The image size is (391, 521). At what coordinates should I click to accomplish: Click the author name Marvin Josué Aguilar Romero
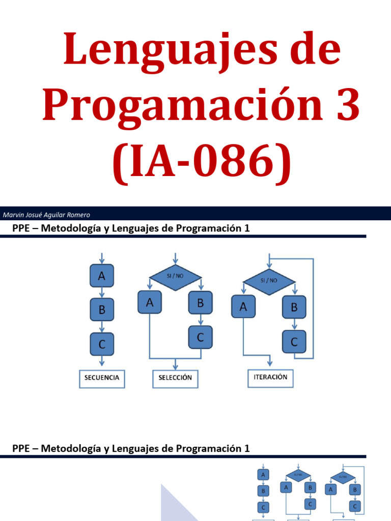(x=46, y=215)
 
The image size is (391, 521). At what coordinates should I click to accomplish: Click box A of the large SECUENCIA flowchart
(x=102, y=276)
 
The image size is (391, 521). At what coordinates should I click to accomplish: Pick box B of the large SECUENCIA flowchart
(x=102, y=309)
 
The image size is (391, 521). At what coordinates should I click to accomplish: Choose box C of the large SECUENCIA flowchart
(x=102, y=344)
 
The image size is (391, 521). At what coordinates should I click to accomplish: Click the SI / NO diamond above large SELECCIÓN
(x=175, y=278)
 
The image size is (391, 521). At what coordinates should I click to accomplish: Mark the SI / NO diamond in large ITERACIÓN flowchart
(x=269, y=279)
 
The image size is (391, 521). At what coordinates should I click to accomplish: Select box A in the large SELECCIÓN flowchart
(x=150, y=303)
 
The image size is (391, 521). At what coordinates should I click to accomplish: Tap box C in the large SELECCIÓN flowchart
(x=201, y=337)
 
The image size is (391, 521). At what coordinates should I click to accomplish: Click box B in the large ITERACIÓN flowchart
(x=294, y=307)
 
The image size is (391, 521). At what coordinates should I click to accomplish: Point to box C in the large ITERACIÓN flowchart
(x=294, y=342)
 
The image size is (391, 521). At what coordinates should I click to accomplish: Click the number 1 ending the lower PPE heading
(x=247, y=449)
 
